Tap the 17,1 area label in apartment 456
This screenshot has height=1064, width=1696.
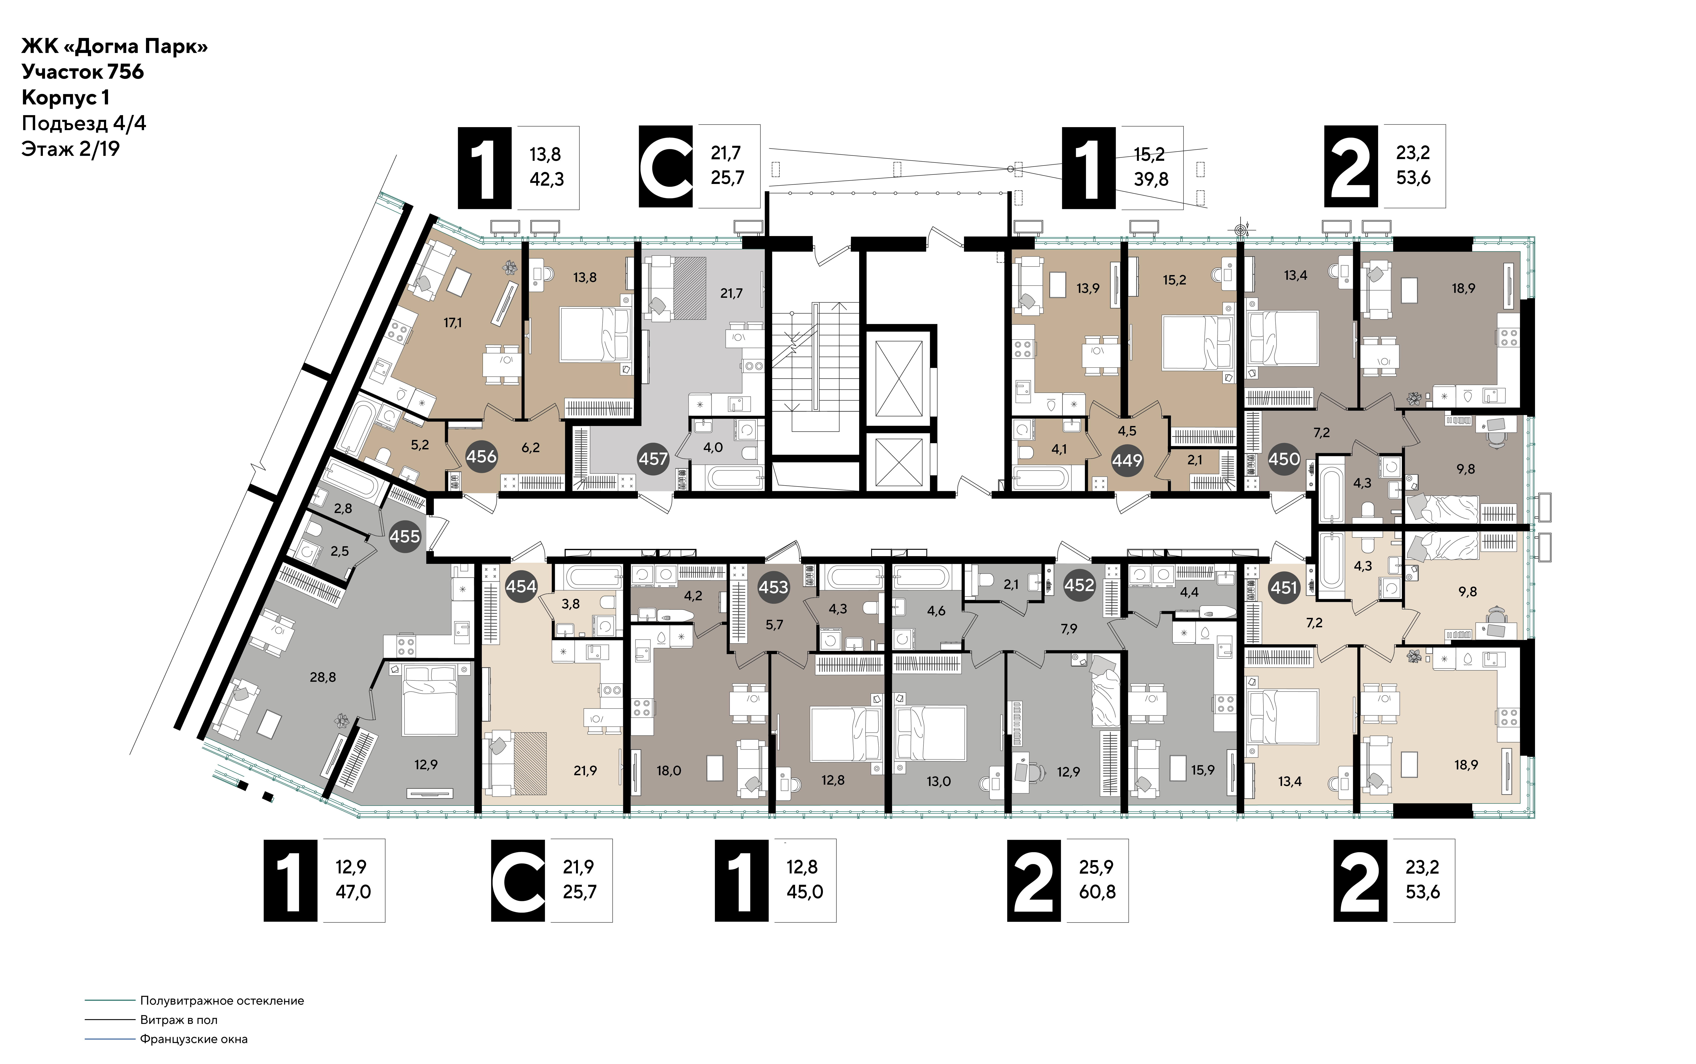pyautogui.click(x=453, y=323)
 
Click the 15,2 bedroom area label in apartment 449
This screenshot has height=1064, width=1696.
pyautogui.click(x=1174, y=280)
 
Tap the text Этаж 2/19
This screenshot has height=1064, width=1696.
pyautogui.click(x=70, y=149)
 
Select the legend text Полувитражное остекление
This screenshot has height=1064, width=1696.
pyautogui.click(x=222, y=1001)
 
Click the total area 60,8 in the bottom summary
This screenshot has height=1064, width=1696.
pyautogui.click(x=1097, y=892)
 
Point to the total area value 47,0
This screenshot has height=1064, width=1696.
pyautogui.click(x=353, y=892)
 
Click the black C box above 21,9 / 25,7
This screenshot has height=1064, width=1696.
pyautogui.click(x=518, y=880)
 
